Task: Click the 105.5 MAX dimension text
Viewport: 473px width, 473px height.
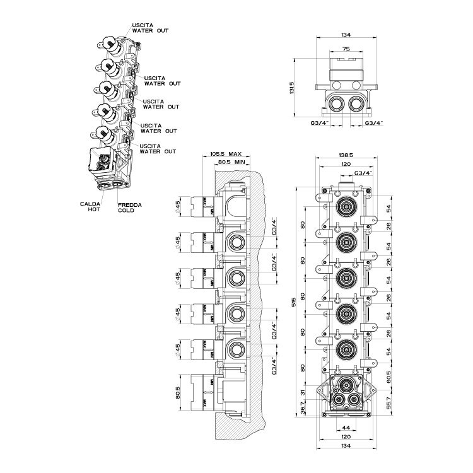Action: (x=225, y=154)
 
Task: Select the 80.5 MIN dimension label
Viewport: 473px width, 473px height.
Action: (x=232, y=162)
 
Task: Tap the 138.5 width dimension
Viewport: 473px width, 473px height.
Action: (x=344, y=154)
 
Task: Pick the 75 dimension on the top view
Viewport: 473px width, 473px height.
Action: (x=346, y=47)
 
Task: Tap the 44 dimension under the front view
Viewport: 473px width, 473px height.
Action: (x=346, y=427)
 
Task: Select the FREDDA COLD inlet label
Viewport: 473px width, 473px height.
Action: (x=130, y=207)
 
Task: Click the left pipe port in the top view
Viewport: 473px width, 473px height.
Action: (x=335, y=103)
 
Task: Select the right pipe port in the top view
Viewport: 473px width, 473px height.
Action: (x=356, y=103)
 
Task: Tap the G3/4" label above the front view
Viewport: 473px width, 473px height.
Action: (x=363, y=172)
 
